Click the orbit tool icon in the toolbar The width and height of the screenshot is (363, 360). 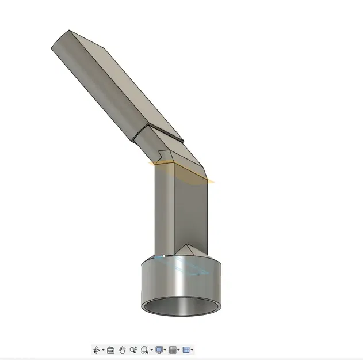95,350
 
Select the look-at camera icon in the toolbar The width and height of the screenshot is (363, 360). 110,350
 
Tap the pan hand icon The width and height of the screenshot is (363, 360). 122,350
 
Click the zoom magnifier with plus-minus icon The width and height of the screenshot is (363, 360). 133,350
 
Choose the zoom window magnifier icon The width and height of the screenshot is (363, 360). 144,350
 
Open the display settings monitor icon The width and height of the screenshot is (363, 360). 159,350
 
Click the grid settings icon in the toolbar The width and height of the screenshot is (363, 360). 173,350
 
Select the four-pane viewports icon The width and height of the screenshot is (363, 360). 186,350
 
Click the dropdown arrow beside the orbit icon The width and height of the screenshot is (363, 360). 102,350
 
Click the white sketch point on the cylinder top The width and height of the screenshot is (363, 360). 164,256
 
